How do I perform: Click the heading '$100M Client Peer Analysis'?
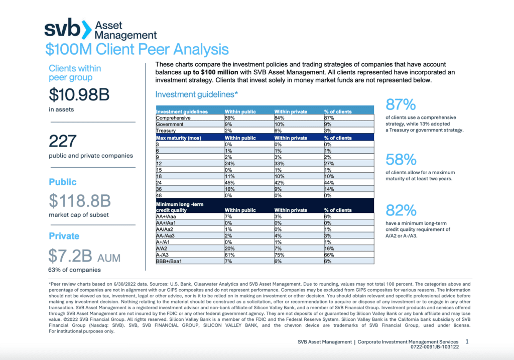(x=137, y=50)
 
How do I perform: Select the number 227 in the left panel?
(x=62, y=141)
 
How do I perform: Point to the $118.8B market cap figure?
(x=80, y=200)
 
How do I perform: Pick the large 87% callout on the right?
(x=401, y=104)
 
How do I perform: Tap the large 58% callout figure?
(x=401, y=160)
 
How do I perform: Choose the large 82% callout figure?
(x=401, y=210)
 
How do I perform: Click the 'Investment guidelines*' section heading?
(x=196, y=94)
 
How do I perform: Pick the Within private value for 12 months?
(x=280, y=163)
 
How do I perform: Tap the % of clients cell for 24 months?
(x=330, y=183)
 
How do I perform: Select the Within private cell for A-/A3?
(x=280, y=255)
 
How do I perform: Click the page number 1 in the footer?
(x=467, y=341)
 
